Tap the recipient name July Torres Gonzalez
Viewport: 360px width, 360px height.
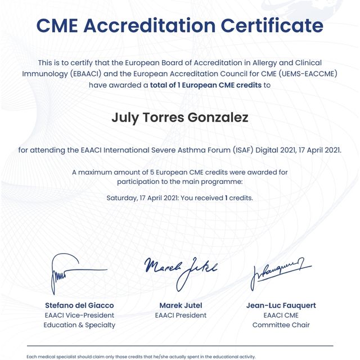tap(180, 118)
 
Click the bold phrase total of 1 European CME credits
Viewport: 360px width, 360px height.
tap(206, 85)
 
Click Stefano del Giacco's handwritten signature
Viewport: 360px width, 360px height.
tap(69, 273)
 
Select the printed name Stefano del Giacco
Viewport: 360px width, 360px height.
tap(79, 305)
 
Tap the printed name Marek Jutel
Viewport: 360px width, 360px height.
tap(181, 305)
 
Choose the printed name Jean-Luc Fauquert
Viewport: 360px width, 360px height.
tap(281, 305)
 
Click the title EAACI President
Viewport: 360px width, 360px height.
tap(181, 316)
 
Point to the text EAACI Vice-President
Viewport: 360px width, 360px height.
tap(79, 316)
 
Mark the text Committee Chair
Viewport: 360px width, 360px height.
tap(281, 325)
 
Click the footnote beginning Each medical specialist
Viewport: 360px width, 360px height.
tap(141, 357)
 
